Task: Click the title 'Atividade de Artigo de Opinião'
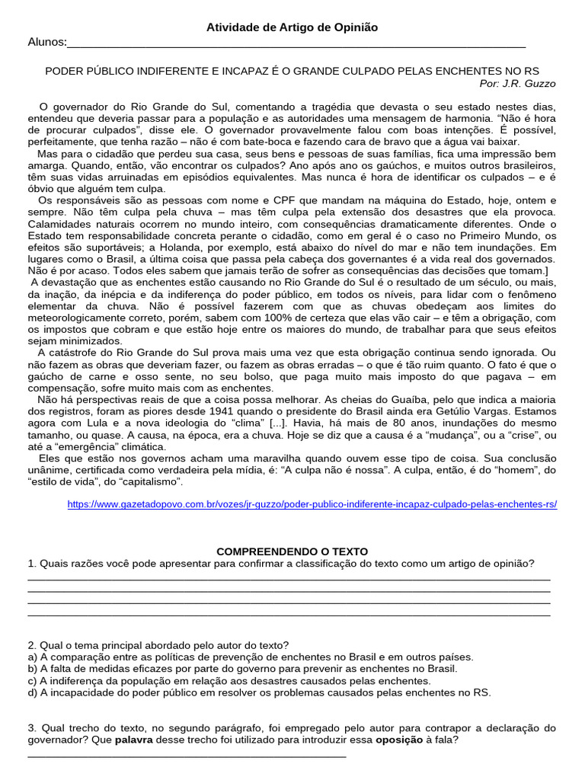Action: pyautogui.click(x=292, y=27)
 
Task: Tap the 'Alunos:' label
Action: pyautogui.click(x=47, y=42)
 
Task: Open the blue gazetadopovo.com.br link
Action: pyautogui.click(x=312, y=504)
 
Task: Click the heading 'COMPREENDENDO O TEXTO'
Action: pyautogui.click(x=292, y=551)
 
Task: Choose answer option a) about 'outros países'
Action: pyautogui.click(x=251, y=657)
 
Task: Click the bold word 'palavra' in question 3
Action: pyautogui.click(x=134, y=740)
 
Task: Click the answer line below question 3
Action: pyautogui.click(x=187, y=756)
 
